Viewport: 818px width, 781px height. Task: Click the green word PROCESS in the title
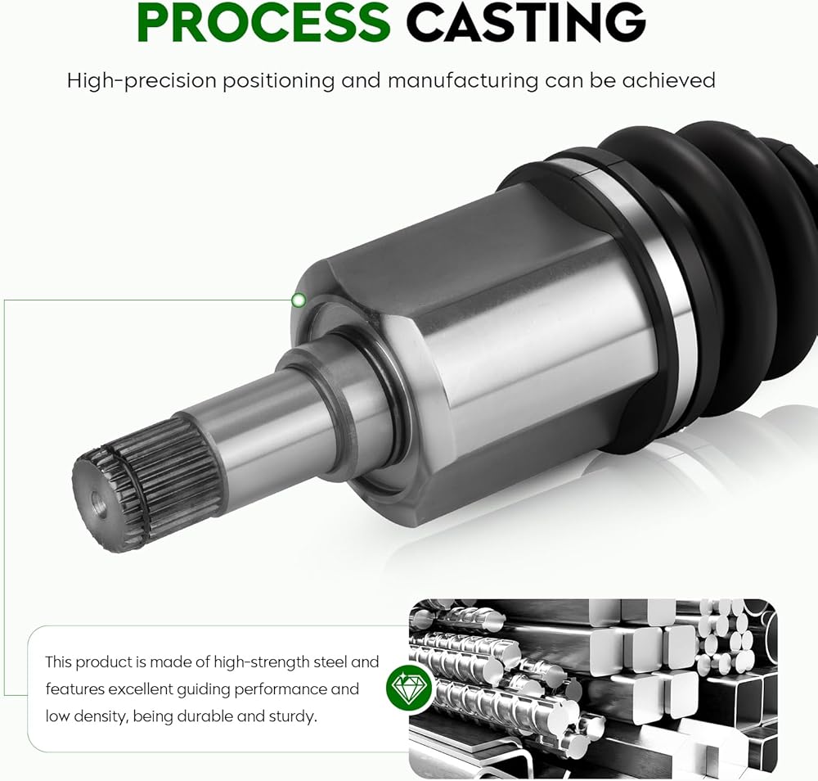(264, 22)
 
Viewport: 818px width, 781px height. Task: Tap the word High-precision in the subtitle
(142, 81)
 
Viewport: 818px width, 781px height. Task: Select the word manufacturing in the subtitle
(463, 81)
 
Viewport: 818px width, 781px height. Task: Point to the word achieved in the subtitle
(668, 80)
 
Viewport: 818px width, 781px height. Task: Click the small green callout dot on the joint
(299, 300)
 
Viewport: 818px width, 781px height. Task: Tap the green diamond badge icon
(410, 687)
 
